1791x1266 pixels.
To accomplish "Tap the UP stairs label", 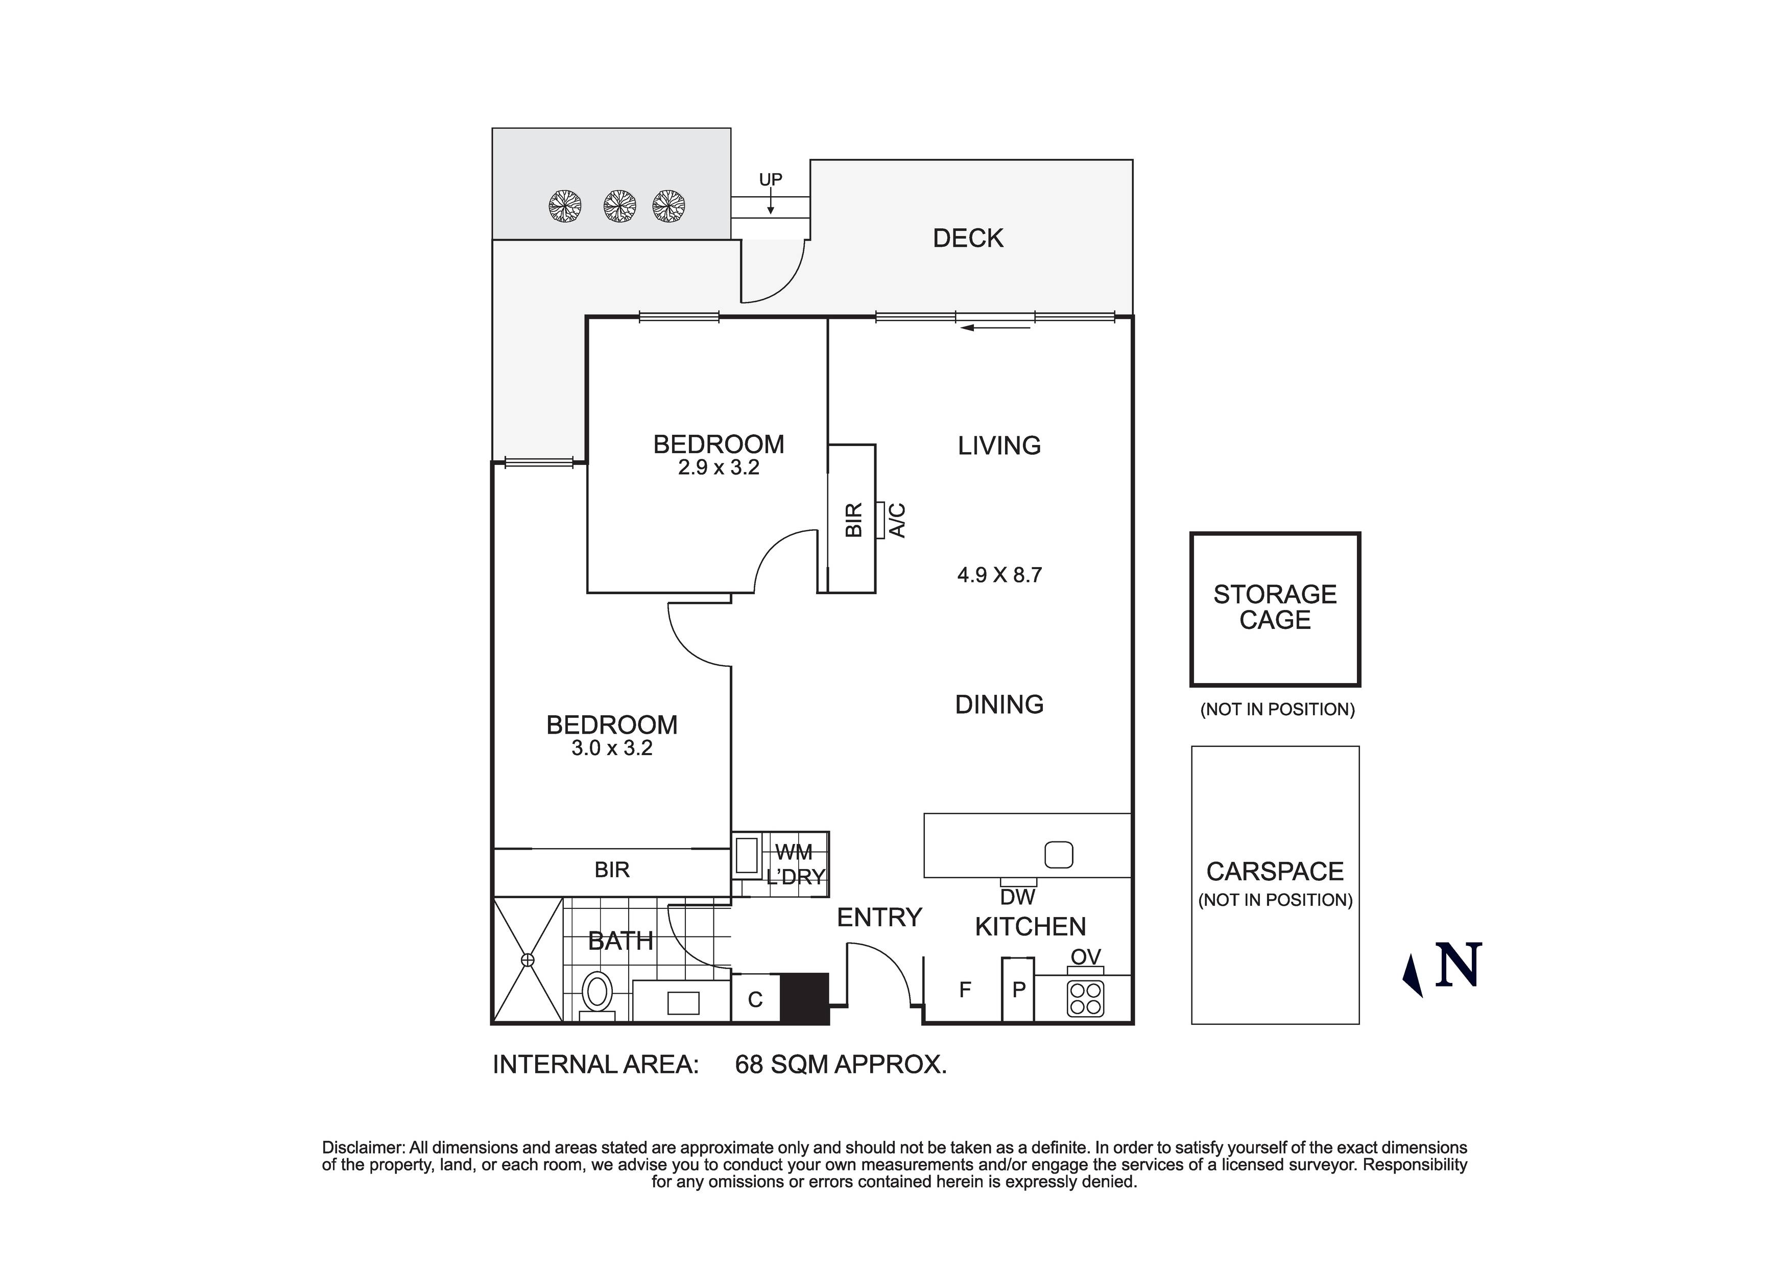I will click(x=770, y=179).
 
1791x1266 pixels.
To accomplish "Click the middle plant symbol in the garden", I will click(x=619, y=207).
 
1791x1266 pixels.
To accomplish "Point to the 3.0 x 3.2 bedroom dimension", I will click(x=612, y=748).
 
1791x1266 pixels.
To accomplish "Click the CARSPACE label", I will click(x=1275, y=871).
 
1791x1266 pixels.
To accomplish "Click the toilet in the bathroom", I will click(x=598, y=993).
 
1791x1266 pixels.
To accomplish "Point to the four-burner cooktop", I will click(x=1085, y=998).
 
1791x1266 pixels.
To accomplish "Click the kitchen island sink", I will click(x=1059, y=855).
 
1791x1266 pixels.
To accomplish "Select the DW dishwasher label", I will click(x=1017, y=898).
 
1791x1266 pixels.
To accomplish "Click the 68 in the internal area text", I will click(x=749, y=1065).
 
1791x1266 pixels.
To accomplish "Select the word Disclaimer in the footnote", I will click(x=363, y=1147).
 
